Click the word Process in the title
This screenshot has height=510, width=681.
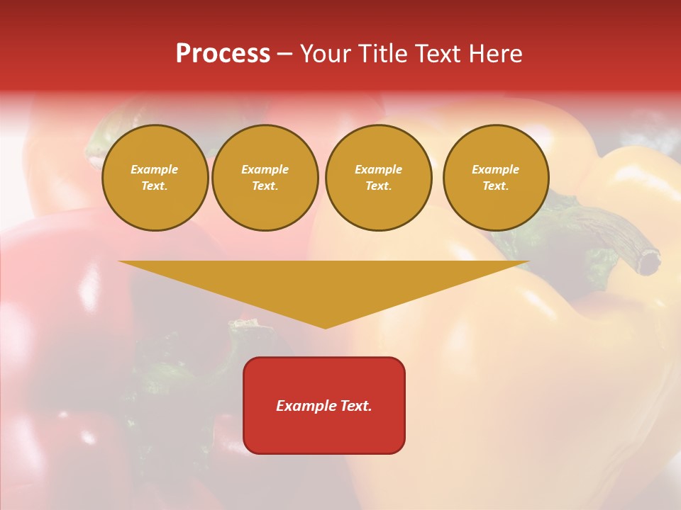tap(223, 54)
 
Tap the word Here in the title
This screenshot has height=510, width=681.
tap(493, 54)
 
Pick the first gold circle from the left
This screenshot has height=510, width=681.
tap(155, 178)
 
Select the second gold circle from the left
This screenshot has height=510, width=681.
tap(265, 178)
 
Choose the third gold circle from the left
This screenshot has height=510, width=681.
tap(378, 178)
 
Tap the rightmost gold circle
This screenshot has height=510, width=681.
tap(496, 178)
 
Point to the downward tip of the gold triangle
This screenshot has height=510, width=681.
tap(326, 327)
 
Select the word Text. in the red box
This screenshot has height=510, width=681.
tap(355, 406)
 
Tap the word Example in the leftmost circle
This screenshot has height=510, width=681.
tap(155, 169)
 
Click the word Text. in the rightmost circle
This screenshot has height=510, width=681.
tap(496, 186)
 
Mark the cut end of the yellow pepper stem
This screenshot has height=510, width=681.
tap(648, 263)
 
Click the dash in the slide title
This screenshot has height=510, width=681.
tap(284, 54)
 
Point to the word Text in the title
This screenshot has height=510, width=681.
tap(436, 54)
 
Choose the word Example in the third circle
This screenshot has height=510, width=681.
tap(378, 169)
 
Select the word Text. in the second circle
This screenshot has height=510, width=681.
tap(265, 186)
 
